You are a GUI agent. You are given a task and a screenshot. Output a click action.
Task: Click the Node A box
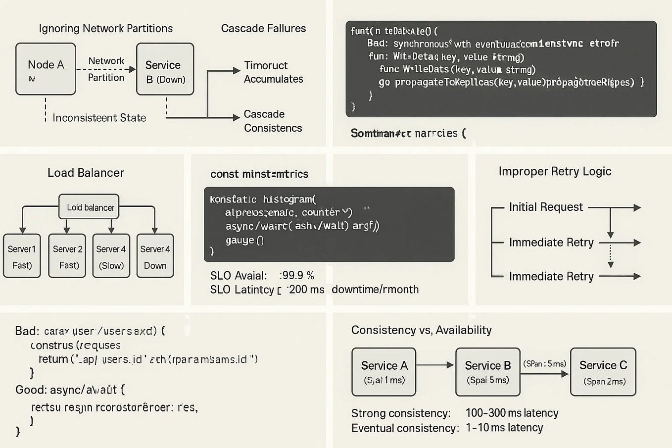click(x=46, y=69)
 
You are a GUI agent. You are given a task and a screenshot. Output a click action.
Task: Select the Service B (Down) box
click(x=165, y=69)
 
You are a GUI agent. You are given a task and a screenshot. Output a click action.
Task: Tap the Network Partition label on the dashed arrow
click(x=106, y=69)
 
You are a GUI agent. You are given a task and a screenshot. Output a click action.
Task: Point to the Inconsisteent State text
click(x=99, y=118)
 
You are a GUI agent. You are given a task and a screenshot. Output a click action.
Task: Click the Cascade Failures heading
click(x=263, y=28)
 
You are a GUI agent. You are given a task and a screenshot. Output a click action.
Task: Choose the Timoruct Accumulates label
click(x=273, y=72)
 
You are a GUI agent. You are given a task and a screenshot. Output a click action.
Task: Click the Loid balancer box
click(x=90, y=207)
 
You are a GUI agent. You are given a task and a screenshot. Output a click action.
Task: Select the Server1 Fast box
click(x=22, y=256)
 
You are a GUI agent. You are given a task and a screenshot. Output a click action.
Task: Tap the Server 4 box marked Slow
click(x=111, y=256)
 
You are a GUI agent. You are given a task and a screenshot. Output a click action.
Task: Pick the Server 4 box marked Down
click(x=155, y=256)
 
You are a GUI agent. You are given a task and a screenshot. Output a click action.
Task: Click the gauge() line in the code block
click(x=244, y=241)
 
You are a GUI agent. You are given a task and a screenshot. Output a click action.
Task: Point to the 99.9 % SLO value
click(x=297, y=275)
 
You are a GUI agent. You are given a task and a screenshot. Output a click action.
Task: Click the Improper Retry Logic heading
click(x=555, y=171)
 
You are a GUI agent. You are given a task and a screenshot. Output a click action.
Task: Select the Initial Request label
click(x=546, y=207)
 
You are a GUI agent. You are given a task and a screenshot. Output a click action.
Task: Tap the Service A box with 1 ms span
click(x=384, y=372)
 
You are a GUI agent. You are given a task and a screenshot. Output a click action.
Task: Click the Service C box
click(x=603, y=372)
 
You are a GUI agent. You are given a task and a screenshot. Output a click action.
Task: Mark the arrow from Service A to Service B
click(x=435, y=365)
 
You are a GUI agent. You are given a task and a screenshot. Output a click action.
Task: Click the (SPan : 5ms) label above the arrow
click(x=544, y=364)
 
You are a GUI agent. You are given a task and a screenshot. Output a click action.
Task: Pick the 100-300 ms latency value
click(x=512, y=413)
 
